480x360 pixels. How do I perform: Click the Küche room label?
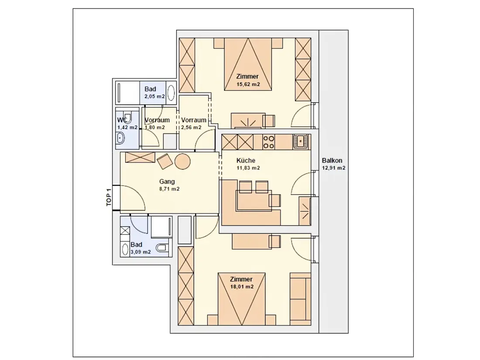tap(246, 161)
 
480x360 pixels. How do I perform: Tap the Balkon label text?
tap(332, 161)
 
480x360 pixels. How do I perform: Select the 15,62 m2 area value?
tap(248, 84)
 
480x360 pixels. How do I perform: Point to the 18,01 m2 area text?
tap(242, 287)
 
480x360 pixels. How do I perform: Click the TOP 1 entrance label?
tap(109, 197)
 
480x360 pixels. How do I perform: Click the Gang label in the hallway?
tap(167, 182)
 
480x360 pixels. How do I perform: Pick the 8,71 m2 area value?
tap(169, 189)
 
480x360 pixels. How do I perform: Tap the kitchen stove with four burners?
tap(268, 142)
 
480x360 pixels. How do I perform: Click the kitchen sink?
tap(301, 141)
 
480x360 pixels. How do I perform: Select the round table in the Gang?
tap(182, 161)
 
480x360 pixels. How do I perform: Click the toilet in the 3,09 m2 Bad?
tap(162, 247)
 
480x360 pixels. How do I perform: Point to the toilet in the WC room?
tap(128, 118)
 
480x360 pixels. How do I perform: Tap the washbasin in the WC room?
tap(120, 138)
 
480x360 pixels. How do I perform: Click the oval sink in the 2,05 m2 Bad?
tap(171, 93)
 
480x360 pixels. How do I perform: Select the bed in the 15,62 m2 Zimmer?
tap(248, 64)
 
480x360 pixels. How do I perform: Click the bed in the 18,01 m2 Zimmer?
tap(242, 299)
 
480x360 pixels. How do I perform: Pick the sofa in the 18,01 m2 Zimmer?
tap(300, 299)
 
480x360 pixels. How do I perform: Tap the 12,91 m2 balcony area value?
tap(334, 168)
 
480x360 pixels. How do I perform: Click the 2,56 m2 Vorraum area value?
tap(191, 127)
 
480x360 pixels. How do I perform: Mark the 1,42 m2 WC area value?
tap(127, 127)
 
